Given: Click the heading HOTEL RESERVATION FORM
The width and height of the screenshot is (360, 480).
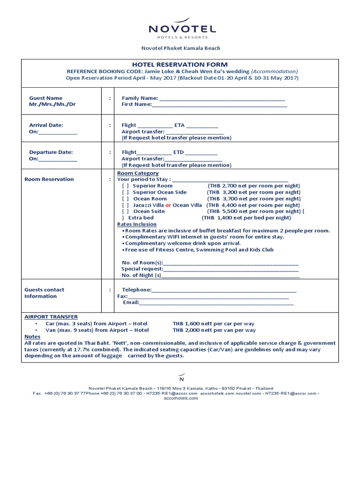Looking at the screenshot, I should tap(180, 65).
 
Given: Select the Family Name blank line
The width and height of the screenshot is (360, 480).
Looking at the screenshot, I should tap(222, 99).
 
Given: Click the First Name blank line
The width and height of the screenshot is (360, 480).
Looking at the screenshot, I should tap(219, 105).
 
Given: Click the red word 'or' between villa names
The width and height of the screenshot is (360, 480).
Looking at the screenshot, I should tap(168, 205).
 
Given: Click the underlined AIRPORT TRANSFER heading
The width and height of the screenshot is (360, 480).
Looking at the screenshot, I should tap(51, 317).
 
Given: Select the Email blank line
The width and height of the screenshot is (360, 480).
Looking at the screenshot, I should tap(216, 303).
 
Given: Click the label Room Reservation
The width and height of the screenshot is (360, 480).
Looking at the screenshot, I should tap(49, 180).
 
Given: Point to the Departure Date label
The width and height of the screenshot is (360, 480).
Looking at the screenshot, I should tap(51, 152).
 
